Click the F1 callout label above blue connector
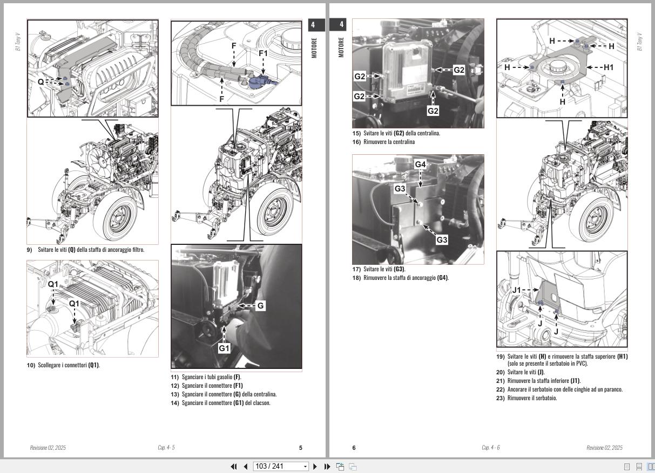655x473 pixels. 263,53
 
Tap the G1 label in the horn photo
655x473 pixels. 224,348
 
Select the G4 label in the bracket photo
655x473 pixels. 421,164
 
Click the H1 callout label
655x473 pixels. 609,67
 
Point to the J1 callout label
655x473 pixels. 517,290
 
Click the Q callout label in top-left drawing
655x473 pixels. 41,82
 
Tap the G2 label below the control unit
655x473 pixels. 433,111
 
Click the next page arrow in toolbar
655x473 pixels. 315,467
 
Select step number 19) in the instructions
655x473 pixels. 500,357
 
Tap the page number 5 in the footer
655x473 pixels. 301,448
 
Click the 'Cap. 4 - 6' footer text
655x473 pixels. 490,448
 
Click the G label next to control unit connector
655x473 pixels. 260,306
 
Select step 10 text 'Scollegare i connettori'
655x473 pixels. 68,365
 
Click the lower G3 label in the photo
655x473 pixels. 442,239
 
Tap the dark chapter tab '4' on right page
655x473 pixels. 341,24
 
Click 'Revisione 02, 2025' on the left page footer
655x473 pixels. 48,448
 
